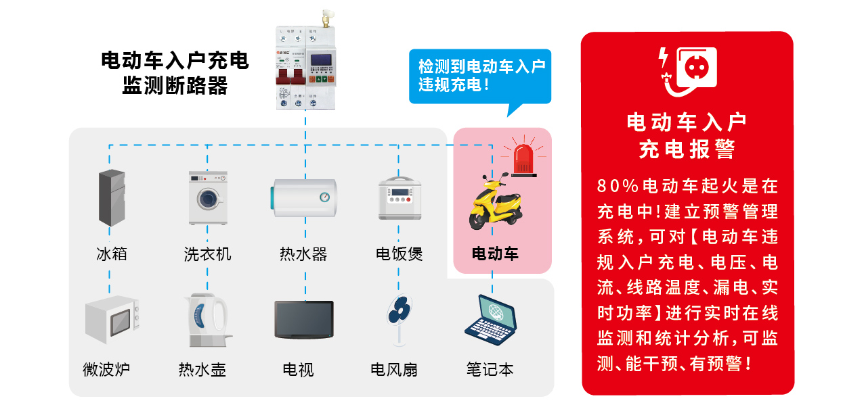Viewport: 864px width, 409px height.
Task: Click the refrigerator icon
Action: (x=112, y=197)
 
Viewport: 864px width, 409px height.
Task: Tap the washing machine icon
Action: (x=207, y=197)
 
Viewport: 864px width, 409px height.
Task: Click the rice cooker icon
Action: (x=399, y=198)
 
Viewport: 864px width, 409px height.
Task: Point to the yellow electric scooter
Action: (x=495, y=201)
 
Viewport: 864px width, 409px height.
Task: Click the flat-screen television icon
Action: (x=303, y=320)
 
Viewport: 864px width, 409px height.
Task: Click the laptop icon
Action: (x=492, y=317)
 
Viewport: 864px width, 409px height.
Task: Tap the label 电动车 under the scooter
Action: (x=495, y=254)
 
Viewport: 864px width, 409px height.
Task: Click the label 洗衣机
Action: (x=207, y=254)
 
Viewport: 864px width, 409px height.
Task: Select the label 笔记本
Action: (x=490, y=370)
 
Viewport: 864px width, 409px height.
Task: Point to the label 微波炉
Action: (x=106, y=370)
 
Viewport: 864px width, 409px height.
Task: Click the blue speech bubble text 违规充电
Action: (x=452, y=85)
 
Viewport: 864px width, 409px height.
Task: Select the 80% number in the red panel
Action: (x=618, y=185)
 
